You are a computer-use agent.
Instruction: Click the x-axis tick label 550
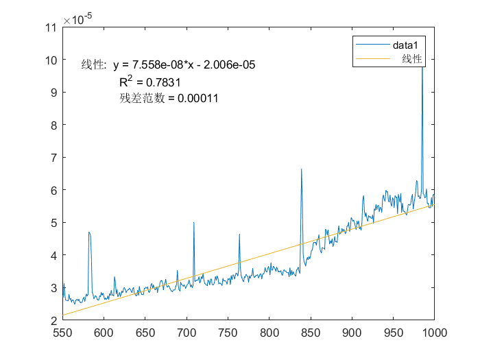pyautogui.click(x=62, y=333)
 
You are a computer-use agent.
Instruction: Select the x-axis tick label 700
pyautogui.click(x=187, y=333)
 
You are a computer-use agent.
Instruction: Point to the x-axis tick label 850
pyautogui.click(x=311, y=333)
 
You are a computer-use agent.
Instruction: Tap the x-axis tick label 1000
pyautogui.click(x=434, y=333)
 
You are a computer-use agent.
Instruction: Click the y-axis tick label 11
pyautogui.click(x=50, y=27)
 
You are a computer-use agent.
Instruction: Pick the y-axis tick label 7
pyautogui.click(x=53, y=158)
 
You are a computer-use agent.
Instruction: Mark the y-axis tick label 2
pyautogui.click(x=53, y=320)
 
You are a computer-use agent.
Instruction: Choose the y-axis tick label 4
pyautogui.click(x=53, y=255)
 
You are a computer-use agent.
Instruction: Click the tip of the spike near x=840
pyautogui.click(x=301, y=169)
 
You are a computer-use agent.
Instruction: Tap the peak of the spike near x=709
pyautogui.click(x=194, y=222)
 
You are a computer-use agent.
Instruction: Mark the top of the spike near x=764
pyautogui.click(x=239, y=234)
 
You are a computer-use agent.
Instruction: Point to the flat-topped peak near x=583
pyautogui.click(x=90, y=232)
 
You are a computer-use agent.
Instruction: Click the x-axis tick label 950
pyautogui.click(x=393, y=333)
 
